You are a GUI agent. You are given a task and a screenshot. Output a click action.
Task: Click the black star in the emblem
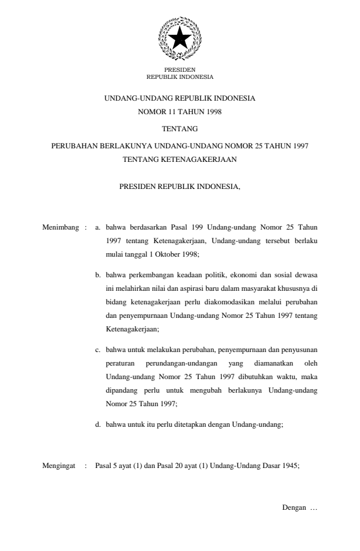179,39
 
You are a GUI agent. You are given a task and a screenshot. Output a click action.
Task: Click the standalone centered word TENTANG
179,128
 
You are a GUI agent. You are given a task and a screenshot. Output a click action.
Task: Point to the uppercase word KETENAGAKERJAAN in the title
204,159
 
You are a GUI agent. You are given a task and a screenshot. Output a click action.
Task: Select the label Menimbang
61,226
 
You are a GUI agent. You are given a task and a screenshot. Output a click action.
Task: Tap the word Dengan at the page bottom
294,507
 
